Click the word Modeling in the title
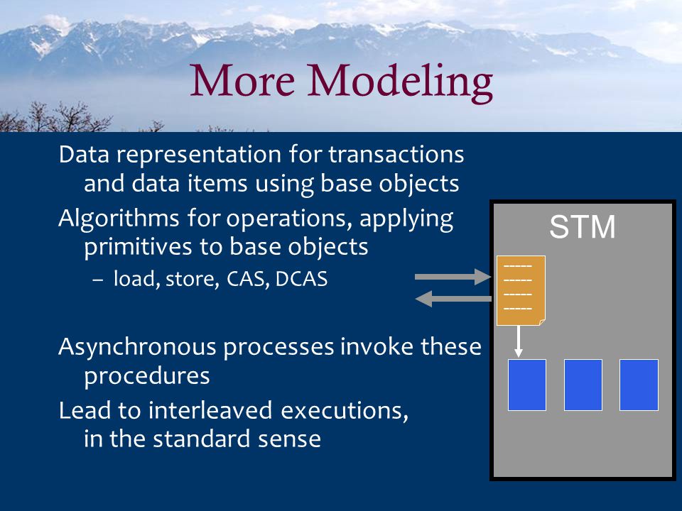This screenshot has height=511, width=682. (x=400, y=82)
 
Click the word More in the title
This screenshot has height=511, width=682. (x=243, y=80)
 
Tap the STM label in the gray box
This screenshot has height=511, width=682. (x=583, y=226)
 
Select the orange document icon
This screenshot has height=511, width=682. (x=521, y=290)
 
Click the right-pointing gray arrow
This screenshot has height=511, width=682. (x=453, y=277)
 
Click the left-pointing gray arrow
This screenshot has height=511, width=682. (x=454, y=299)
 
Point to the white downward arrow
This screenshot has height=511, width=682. (x=518, y=341)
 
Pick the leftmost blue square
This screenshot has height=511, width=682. (x=526, y=385)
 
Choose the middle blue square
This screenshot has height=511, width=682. (x=583, y=385)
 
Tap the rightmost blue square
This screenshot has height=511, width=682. (x=639, y=385)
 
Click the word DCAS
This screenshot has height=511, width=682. (x=301, y=279)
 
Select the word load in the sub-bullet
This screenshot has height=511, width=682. (x=134, y=279)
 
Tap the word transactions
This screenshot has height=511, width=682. (x=396, y=155)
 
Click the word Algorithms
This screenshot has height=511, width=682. (x=119, y=219)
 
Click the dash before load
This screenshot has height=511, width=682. (x=98, y=280)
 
